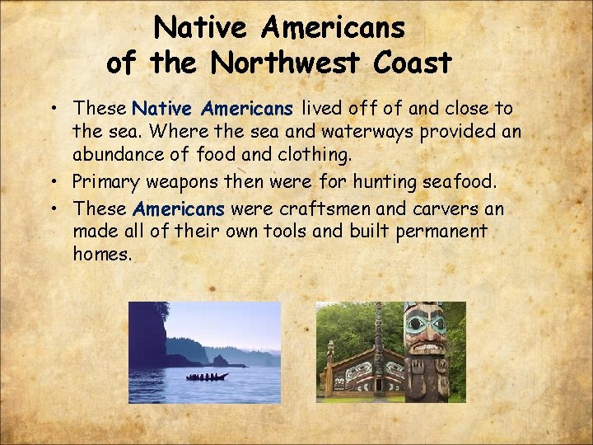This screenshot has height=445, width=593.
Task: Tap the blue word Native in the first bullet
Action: click(162, 108)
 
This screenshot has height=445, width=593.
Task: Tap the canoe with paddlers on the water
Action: click(207, 377)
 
